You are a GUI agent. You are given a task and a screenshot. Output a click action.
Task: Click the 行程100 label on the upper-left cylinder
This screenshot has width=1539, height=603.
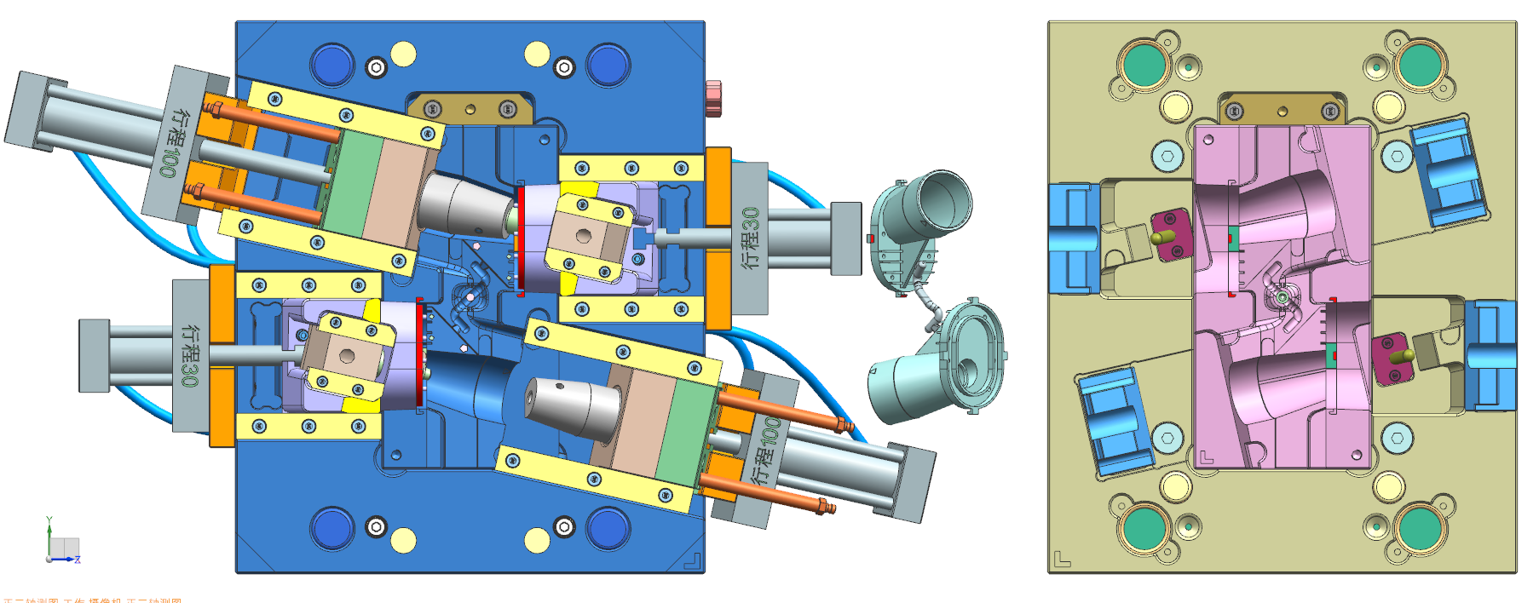(173, 142)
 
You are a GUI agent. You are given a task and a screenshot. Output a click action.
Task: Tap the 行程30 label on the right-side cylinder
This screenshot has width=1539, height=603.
(750, 238)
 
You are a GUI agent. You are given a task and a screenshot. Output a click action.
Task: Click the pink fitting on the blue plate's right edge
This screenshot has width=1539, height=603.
(713, 98)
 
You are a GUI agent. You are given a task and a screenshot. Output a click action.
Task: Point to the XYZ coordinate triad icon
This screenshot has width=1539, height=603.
(62, 543)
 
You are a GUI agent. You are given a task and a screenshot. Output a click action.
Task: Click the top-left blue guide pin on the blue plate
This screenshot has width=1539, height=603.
(332, 65)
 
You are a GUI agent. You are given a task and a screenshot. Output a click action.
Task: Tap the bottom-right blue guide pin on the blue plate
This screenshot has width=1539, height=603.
(608, 528)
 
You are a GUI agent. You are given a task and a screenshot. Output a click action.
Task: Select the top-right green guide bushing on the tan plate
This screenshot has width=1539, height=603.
(1420, 65)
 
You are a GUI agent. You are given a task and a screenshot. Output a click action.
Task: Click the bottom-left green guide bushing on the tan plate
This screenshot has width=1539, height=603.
(1144, 529)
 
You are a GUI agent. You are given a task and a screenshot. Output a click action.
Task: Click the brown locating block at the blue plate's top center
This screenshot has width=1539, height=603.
(470, 109)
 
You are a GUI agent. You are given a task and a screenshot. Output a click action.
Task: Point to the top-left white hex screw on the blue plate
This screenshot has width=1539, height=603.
(376, 66)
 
